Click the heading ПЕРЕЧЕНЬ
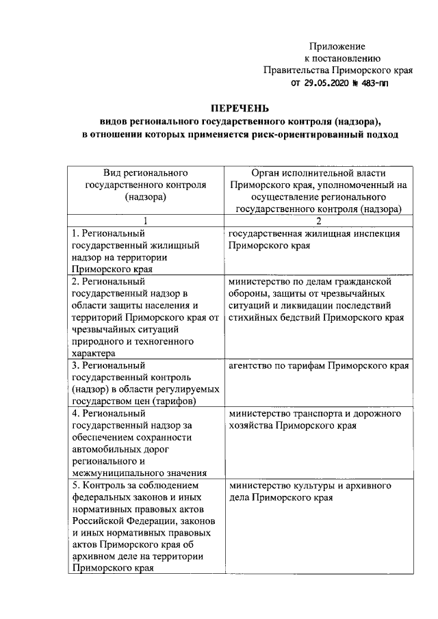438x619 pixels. tap(239, 109)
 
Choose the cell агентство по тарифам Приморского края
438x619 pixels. tap(319, 366)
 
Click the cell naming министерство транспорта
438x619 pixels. tap(319, 420)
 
